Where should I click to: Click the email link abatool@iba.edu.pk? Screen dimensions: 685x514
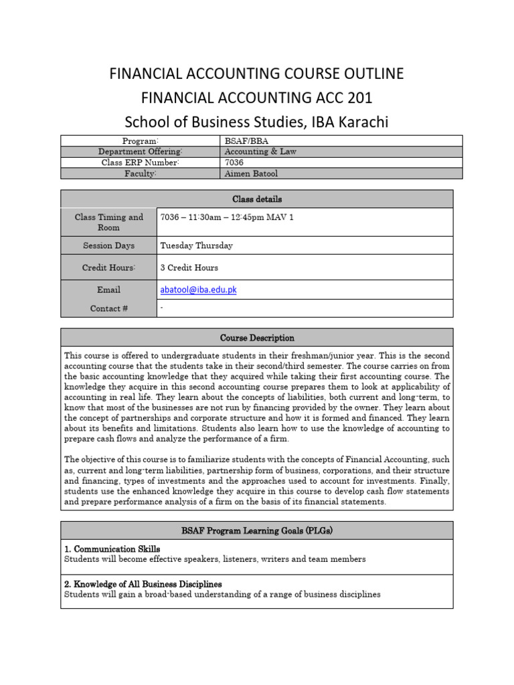pos(199,290)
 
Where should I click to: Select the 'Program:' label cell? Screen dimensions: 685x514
pos(141,140)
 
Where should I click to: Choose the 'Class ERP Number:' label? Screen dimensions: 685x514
pos(141,163)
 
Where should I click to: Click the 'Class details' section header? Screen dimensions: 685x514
pos(257,199)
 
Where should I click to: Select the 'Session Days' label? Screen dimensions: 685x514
pos(108,246)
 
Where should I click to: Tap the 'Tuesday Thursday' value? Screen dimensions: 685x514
pos(197,246)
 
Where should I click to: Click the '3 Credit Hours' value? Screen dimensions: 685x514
pos(189,268)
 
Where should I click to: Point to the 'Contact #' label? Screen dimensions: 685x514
pos(108,308)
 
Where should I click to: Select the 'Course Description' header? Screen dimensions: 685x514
pos(257,338)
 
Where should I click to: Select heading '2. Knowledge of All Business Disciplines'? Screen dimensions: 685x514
pos(143,584)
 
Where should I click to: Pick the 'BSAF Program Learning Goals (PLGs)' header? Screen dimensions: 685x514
pos(257,531)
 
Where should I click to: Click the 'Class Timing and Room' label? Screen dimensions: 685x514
pos(108,222)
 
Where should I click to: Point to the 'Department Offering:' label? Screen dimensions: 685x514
pos(141,152)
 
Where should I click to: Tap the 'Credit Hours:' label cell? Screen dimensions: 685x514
pos(108,268)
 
